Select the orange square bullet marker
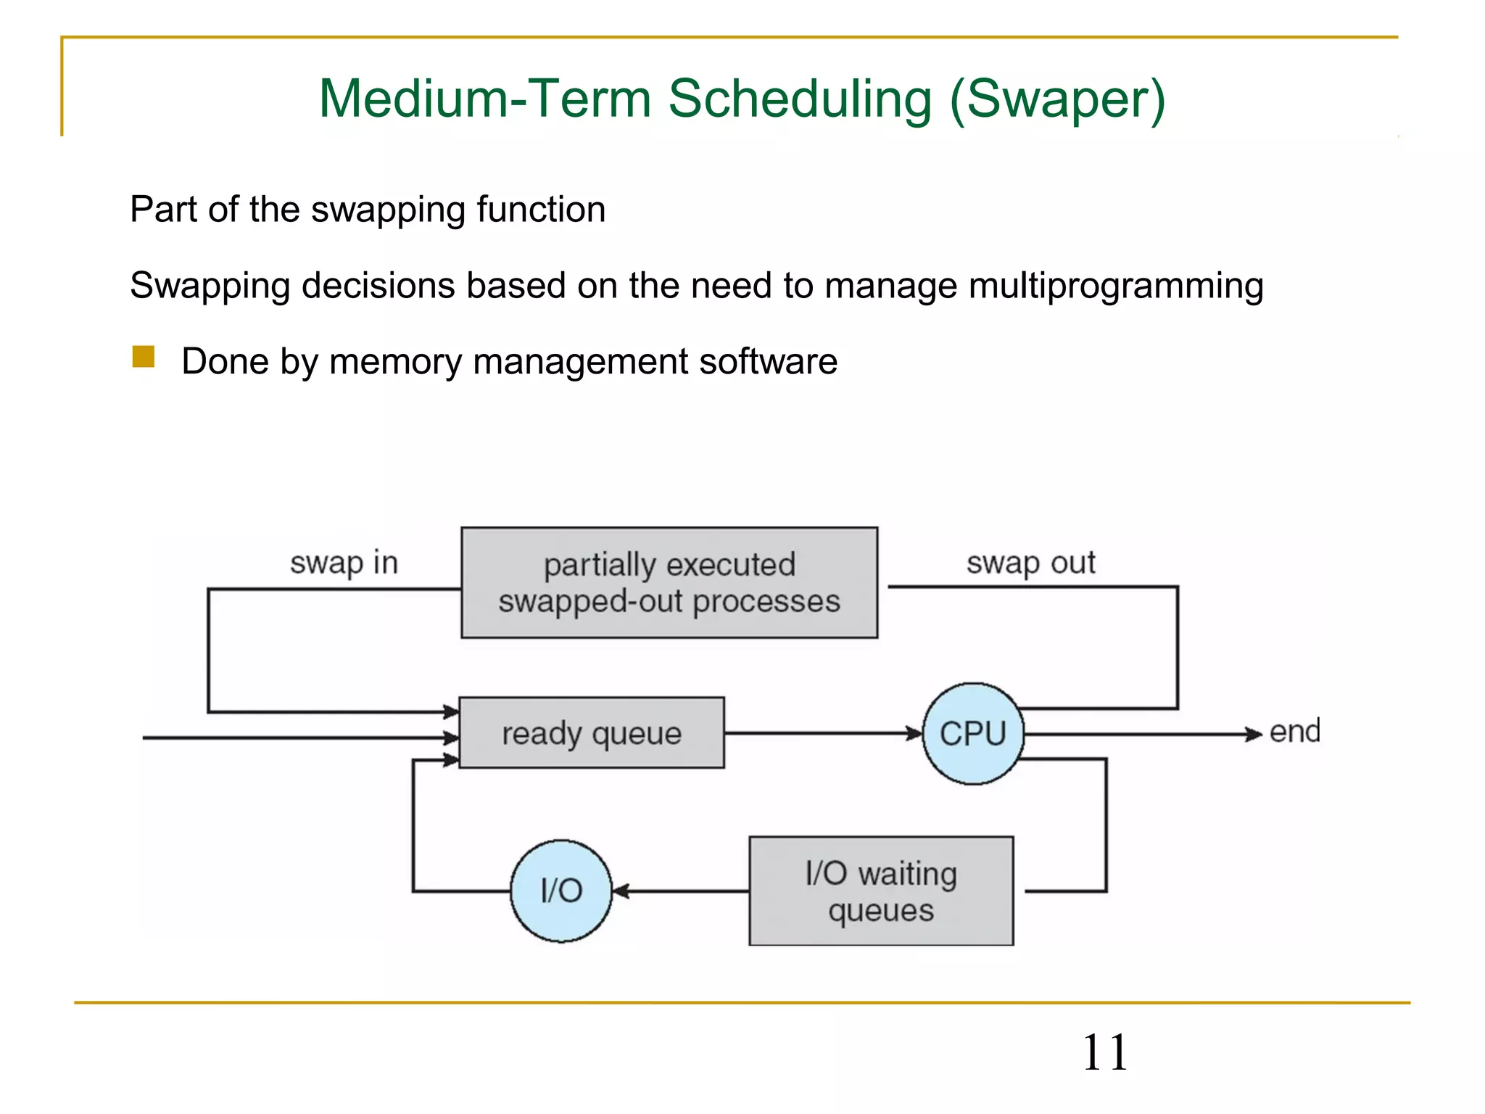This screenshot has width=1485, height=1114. coord(144,357)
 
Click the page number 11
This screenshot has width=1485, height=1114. coord(1104,1052)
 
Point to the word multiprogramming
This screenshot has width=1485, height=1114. coord(1116,286)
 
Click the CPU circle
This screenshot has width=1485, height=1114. coord(973,733)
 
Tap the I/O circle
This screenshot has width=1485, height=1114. coord(561,891)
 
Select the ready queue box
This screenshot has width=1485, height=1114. coord(592,733)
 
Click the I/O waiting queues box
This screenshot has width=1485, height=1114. coord(881,891)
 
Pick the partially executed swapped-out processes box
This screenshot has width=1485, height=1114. coord(669,583)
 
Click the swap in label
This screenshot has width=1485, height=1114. coord(344,563)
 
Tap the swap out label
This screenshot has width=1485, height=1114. coord(1030,563)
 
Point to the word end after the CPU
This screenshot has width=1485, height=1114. coord(1294,732)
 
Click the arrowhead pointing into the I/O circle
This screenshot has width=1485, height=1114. coord(621,891)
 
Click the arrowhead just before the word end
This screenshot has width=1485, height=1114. coord(1254,734)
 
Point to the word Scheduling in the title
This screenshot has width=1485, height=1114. coord(799,99)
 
